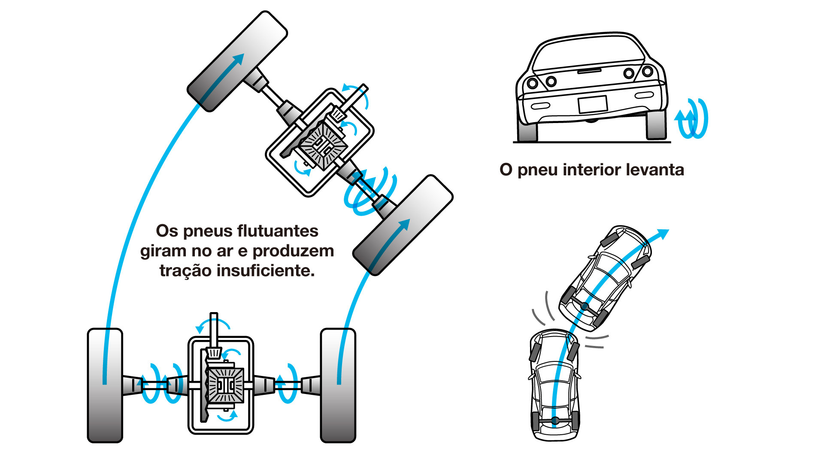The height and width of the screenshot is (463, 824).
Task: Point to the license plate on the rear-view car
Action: click(x=592, y=104)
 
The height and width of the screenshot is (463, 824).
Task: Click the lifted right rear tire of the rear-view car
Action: click(x=656, y=124)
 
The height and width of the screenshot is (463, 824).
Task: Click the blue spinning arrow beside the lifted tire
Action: click(x=692, y=119)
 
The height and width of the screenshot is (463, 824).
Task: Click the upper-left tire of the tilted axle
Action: click(x=237, y=62)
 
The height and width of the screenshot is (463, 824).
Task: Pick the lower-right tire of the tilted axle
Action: click(x=403, y=225)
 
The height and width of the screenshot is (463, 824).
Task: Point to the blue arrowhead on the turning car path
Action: click(x=663, y=234)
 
